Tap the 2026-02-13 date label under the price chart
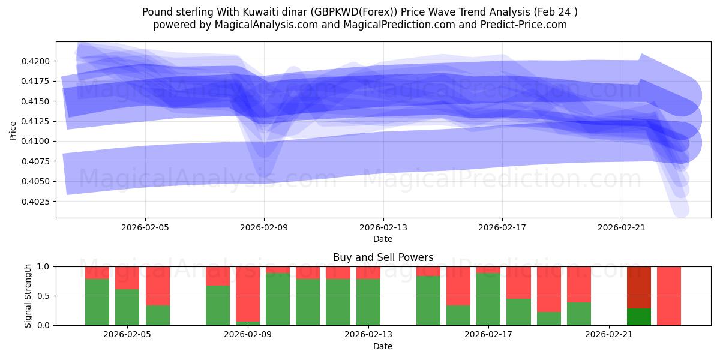383,227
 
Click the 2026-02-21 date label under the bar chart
609,335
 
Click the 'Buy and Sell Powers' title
383,257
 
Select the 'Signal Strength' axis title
28,296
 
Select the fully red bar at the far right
669,296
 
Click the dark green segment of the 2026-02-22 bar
639,317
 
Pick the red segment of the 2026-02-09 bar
248,294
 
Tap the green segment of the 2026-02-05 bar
127,307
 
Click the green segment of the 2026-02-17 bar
488,299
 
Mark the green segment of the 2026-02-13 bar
368,302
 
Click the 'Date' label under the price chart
383,239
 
